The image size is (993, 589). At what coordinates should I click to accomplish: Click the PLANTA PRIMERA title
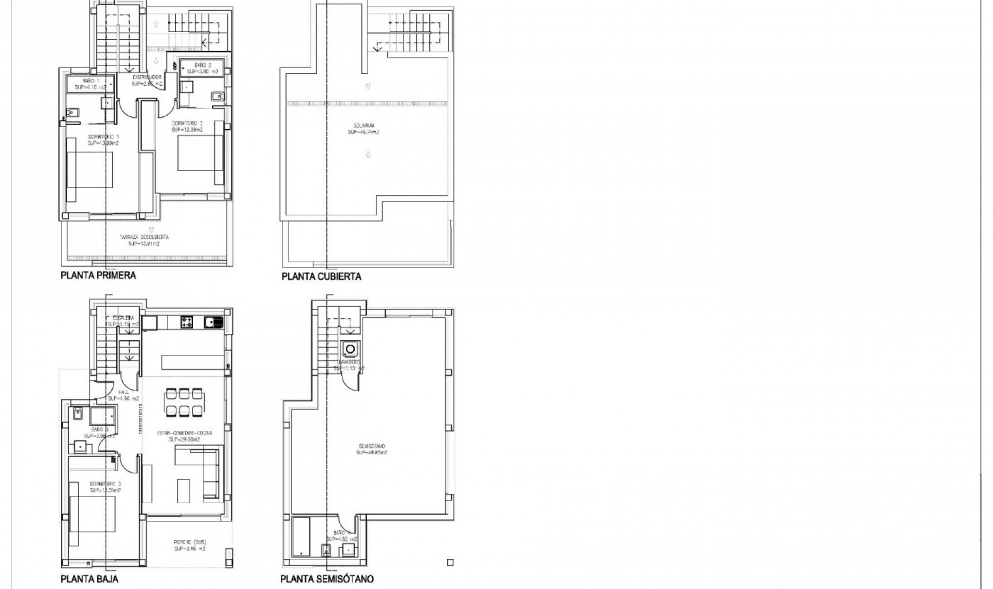(98, 275)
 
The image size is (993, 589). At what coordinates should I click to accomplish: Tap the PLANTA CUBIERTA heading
(321, 276)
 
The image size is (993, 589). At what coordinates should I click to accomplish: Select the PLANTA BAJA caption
(89, 579)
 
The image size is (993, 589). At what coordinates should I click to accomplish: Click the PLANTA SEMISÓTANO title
(327, 579)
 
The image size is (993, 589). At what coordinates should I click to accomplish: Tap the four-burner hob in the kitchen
(187, 322)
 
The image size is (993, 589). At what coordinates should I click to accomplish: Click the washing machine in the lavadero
(351, 349)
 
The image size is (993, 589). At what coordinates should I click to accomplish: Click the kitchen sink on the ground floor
(213, 322)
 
